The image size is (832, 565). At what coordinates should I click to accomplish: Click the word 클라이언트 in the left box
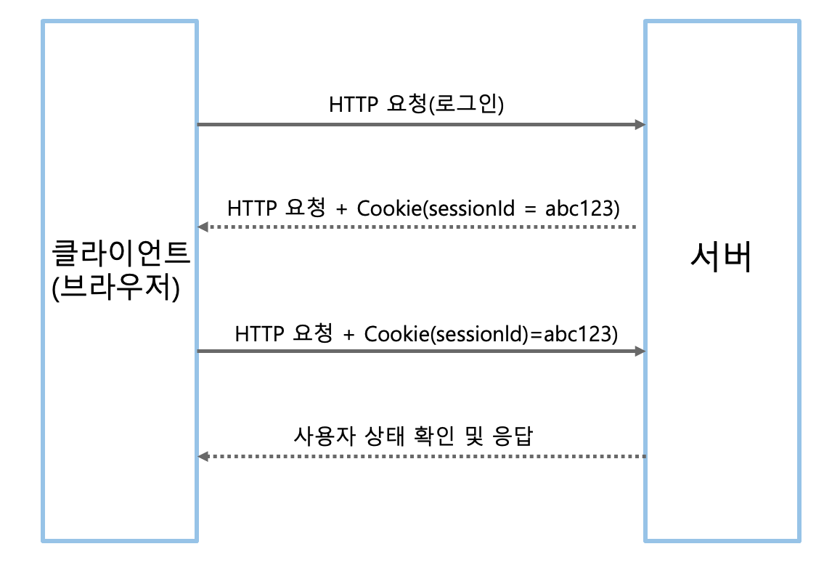[120, 256]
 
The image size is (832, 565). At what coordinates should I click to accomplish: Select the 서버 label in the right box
[721, 259]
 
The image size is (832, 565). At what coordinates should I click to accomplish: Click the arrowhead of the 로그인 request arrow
[640, 125]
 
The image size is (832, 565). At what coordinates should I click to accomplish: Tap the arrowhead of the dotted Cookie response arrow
[204, 227]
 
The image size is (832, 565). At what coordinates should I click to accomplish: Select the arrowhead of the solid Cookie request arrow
[640, 351]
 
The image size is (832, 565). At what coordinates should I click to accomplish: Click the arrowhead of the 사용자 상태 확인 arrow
[204, 456]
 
